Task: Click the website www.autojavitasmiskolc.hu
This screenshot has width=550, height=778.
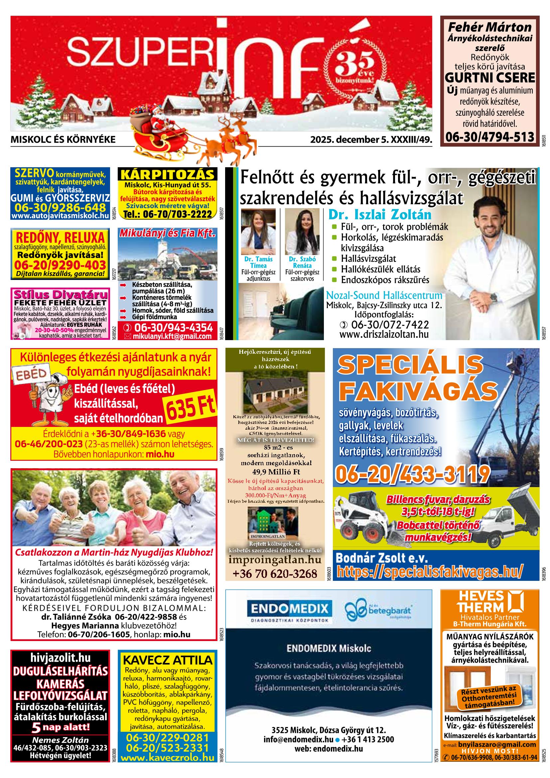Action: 60,215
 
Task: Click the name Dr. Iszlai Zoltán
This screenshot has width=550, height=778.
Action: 379,215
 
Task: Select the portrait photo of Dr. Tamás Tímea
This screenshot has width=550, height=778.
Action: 258,231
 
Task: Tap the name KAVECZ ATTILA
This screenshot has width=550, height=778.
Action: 167,669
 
